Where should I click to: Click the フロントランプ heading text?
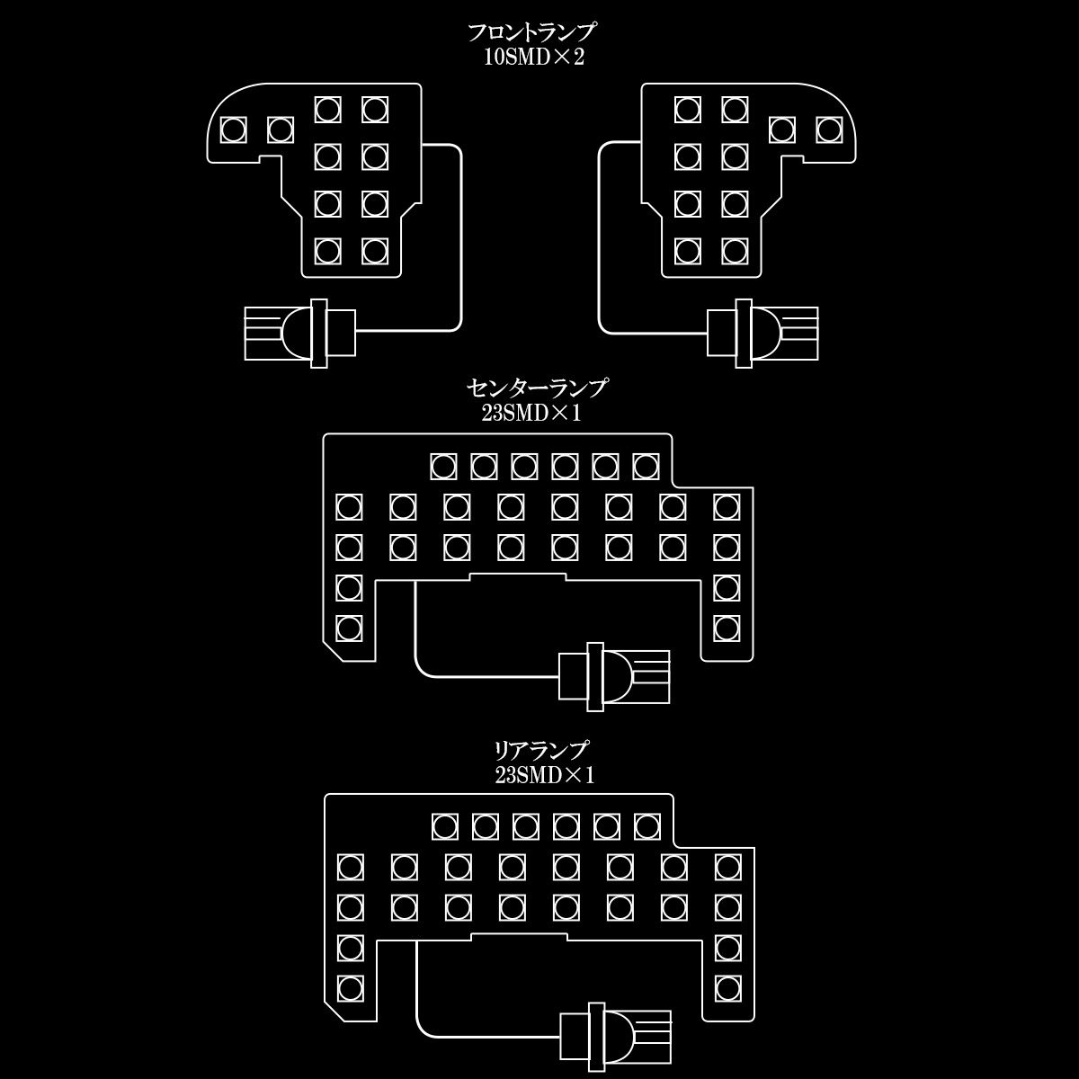531,33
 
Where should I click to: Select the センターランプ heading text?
538,388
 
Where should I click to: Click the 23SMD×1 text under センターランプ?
538,414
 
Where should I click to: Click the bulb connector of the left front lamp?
300,334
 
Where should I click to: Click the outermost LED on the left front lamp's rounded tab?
234,130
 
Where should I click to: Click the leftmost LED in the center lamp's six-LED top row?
443,466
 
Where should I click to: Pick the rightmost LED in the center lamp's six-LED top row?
646,466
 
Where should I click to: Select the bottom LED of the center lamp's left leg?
349,627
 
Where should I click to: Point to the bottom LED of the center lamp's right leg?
727,627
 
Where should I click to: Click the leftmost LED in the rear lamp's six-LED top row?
445,825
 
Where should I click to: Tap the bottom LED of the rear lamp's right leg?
727,986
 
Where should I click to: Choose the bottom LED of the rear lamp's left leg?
350,986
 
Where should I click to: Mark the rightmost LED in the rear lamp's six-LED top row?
647,825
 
